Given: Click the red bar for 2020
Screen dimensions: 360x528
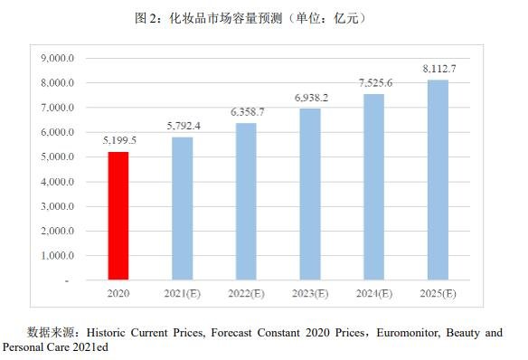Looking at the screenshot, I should tap(118, 216).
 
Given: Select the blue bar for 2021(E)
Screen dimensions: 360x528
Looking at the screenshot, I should tap(182, 209).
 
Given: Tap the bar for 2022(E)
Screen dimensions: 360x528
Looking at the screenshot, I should tap(246, 202).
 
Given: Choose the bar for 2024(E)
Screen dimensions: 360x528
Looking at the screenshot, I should tap(373, 187).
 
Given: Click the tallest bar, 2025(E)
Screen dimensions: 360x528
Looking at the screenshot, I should tap(438, 180).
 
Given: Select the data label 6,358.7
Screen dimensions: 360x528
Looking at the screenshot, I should tap(247, 112).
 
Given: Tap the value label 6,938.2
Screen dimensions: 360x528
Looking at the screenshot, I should tap(310, 97).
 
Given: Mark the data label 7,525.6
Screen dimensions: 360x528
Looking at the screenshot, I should tap(374, 82).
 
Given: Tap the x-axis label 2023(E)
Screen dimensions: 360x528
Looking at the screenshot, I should tap(310, 293).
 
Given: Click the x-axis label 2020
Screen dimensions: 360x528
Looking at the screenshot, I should tap(118, 293).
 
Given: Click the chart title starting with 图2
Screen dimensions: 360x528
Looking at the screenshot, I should tap(263, 18).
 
